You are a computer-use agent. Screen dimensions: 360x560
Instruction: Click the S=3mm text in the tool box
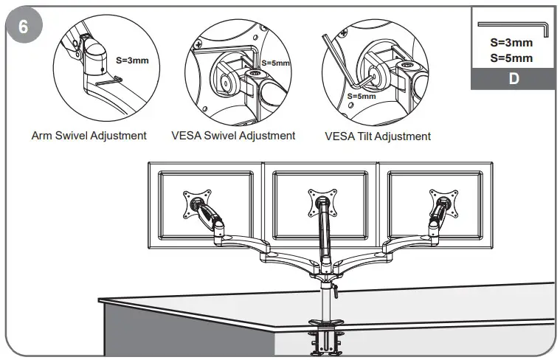[x=511, y=43]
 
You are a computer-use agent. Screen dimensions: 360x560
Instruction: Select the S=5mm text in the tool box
[x=511, y=58]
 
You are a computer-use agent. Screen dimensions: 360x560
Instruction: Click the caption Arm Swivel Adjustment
[x=89, y=136]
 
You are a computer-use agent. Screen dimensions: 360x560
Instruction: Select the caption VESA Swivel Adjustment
[x=233, y=136]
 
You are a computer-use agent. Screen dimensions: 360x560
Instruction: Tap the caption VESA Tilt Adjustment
[x=378, y=136]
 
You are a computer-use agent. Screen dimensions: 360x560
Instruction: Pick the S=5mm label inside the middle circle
[x=275, y=63]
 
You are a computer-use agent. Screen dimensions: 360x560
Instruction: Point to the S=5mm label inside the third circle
[x=361, y=96]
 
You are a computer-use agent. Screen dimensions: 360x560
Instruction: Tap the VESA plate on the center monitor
[x=322, y=201]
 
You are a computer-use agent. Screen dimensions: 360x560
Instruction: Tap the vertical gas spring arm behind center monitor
[x=322, y=236]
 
